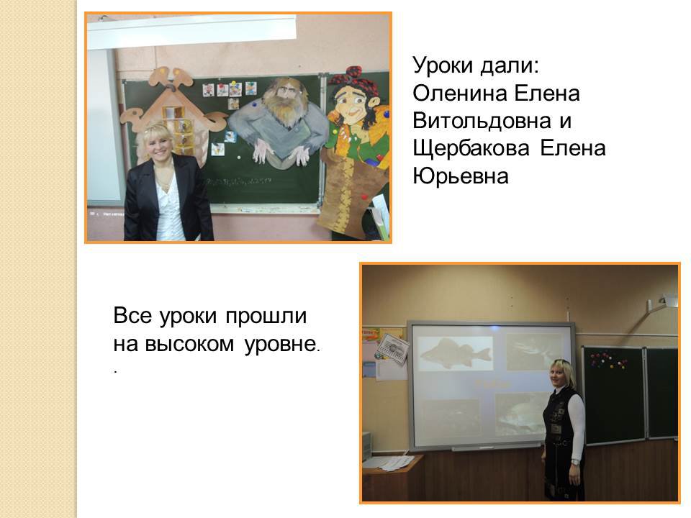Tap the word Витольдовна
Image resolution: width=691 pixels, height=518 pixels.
pyautogui.click(x=482, y=121)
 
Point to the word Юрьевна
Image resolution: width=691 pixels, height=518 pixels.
pyautogui.click(x=461, y=176)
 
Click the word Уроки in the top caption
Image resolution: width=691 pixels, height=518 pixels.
pyautogui.click(x=443, y=66)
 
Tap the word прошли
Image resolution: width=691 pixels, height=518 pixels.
pyautogui.click(x=266, y=317)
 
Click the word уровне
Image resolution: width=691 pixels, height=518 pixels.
pyautogui.click(x=280, y=345)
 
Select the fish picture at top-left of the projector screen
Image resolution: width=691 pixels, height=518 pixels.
pyautogui.click(x=455, y=352)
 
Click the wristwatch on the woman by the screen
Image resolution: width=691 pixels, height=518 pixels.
pyautogui.click(x=575, y=462)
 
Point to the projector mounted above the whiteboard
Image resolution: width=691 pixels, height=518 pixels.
pyautogui.click(x=662, y=302)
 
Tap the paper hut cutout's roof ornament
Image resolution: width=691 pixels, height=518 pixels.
pyautogui.click(x=170, y=79)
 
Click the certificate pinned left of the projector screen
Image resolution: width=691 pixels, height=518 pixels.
pyautogui.click(x=392, y=347)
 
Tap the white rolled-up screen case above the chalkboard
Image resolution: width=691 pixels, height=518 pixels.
pyautogui.click(x=191, y=31)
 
